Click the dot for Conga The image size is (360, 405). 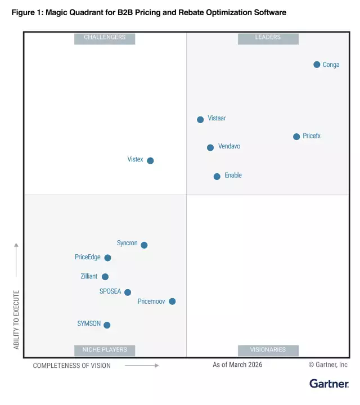point(317,65)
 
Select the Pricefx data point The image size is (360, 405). point(296,137)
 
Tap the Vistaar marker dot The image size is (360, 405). point(200,119)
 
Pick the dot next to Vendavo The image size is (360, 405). point(210,147)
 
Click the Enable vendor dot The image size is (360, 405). point(217,177)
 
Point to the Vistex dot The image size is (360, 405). point(150,160)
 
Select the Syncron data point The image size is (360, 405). point(144,245)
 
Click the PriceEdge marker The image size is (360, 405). point(107,258)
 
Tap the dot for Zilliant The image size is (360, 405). point(105,277)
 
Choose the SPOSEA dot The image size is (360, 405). point(128,292)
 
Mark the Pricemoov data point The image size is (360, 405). point(172,301)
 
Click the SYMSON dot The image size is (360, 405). point(107,325)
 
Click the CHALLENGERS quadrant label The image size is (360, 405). point(105,38)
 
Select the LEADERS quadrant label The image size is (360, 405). point(268,38)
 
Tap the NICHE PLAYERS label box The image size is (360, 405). point(105,350)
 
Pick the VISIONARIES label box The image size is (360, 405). point(268,350)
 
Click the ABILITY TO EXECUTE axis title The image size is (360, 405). point(16,319)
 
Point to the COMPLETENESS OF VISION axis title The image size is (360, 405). point(72,366)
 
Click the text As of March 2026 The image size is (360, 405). point(237,364)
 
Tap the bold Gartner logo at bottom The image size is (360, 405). point(329,384)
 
